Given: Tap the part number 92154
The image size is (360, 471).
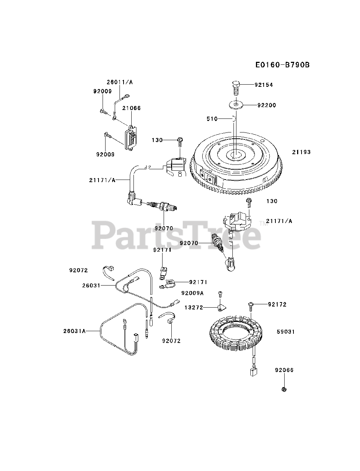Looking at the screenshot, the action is coord(264,85).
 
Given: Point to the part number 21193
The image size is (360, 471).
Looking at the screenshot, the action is coord(302,152).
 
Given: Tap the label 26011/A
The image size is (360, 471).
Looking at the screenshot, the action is coord(120,82).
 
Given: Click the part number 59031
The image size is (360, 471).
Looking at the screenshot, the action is coord(286,332).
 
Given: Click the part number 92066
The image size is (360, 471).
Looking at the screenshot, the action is coord(284,370).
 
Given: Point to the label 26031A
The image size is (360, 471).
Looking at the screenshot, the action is coord(74,331).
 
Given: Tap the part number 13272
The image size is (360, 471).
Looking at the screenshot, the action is coord(194,308).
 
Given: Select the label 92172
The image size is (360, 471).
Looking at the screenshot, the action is coord(277,304).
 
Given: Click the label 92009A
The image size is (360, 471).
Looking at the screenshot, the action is coord(192,293).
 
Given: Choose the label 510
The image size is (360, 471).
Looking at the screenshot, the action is coord(212,119).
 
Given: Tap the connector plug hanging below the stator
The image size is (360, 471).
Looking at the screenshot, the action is coord(253,372).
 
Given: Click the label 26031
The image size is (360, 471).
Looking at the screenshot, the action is coord(91,285).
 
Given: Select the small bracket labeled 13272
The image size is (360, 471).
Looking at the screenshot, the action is coord(221,307).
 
